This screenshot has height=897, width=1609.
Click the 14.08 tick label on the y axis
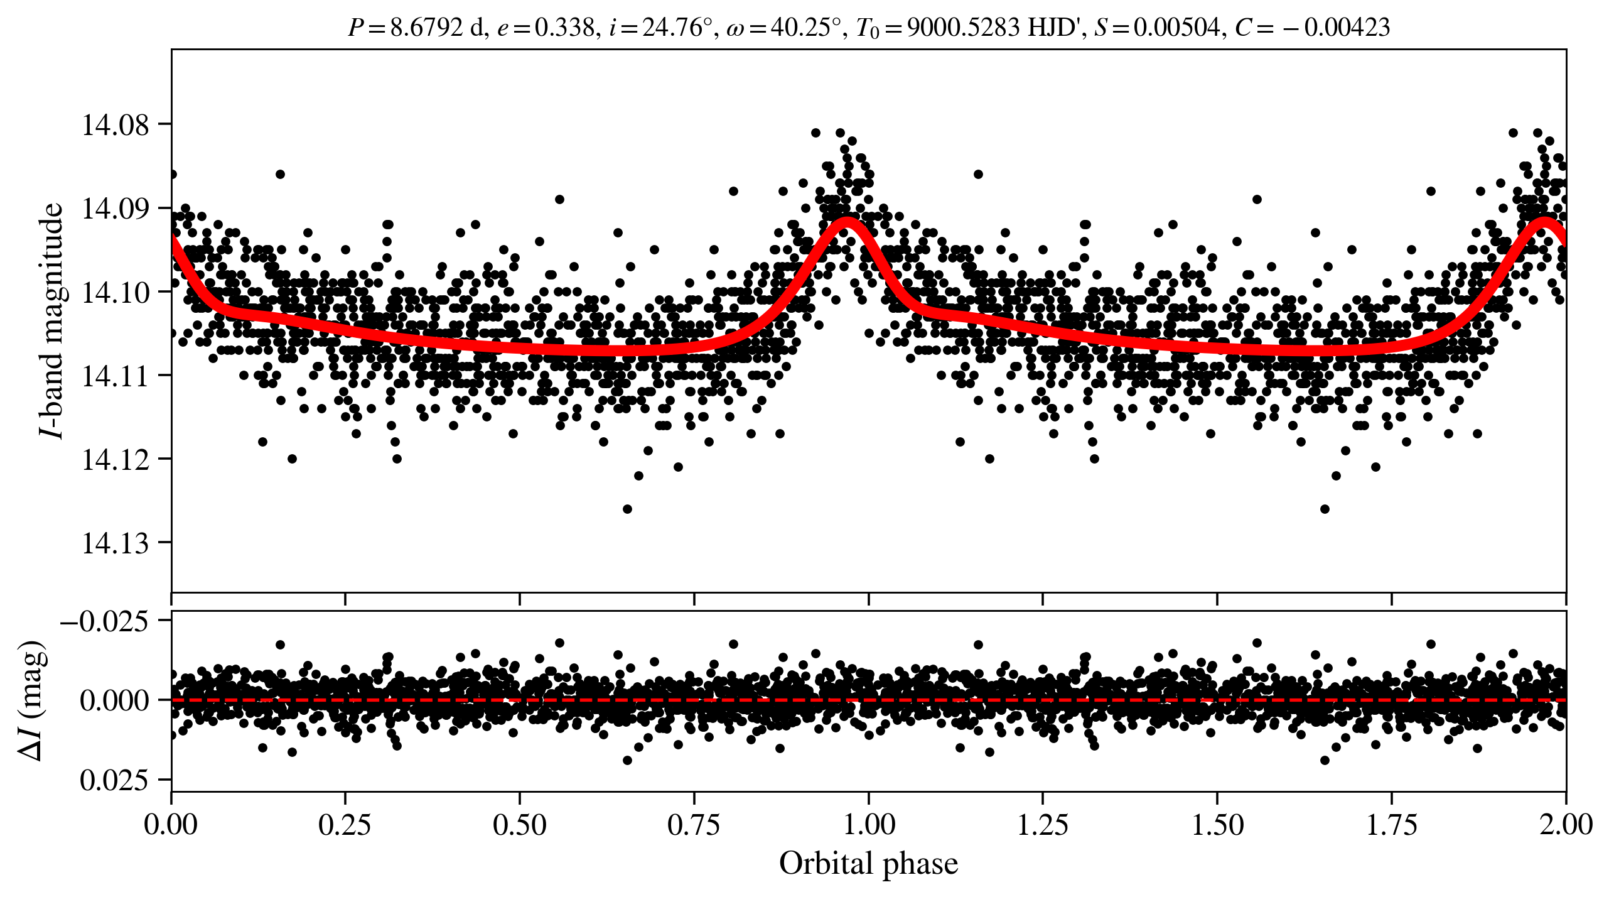pyautogui.click(x=116, y=125)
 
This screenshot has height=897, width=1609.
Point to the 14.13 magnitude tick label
pyautogui.click(x=116, y=543)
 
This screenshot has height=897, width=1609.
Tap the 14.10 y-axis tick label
pyautogui.click(x=116, y=293)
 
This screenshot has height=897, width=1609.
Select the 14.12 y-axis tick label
pyautogui.click(x=116, y=460)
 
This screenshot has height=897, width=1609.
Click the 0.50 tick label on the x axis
pyautogui.click(x=519, y=825)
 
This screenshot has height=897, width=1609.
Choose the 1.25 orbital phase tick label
pyautogui.click(x=1042, y=825)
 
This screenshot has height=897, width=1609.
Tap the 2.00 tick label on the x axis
pyautogui.click(x=1566, y=825)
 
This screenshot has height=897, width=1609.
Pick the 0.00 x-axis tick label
pyautogui.click(x=171, y=825)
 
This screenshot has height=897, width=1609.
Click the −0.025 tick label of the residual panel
pyautogui.click(x=104, y=622)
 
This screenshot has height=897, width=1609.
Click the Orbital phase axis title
pyautogui.click(x=868, y=864)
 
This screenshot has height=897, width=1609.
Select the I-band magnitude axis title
pyautogui.click(x=51, y=320)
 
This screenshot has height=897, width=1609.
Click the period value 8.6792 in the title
pyautogui.click(x=426, y=28)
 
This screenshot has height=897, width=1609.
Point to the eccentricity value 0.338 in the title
pyautogui.click(x=564, y=28)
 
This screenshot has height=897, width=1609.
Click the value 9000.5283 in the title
pyautogui.click(x=963, y=28)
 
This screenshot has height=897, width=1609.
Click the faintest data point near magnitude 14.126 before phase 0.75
pyautogui.click(x=627, y=509)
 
